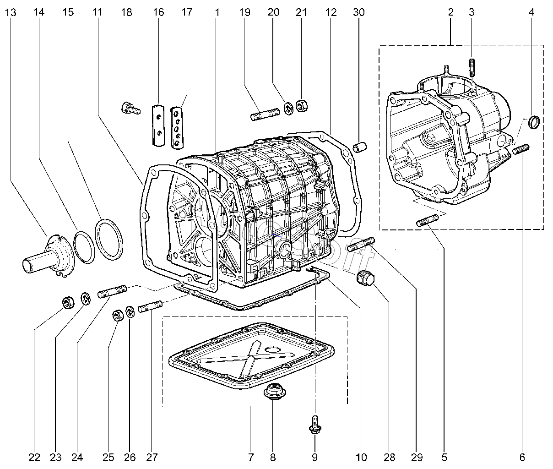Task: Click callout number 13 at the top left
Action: coord(11,12)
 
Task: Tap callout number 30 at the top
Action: coord(359,12)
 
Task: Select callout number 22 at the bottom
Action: coord(34,457)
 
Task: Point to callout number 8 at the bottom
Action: coord(272,457)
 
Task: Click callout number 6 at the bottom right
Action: coord(522,457)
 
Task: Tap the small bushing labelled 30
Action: coord(359,148)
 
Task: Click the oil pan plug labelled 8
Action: coord(273,393)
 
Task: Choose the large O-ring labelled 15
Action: coord(109,237)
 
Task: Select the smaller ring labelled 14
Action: coord(84,247)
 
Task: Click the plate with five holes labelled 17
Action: coord(177,128)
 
